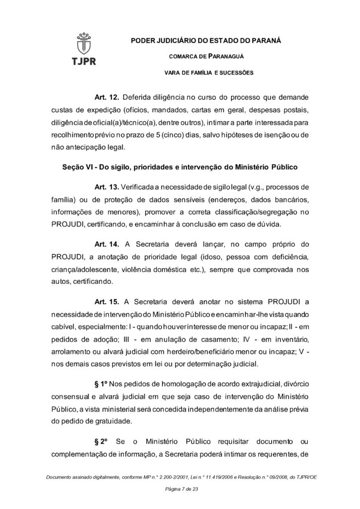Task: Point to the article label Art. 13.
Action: [x=105, y=187]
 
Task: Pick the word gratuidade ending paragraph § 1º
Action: [x=107, y=422]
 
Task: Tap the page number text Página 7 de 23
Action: [x=180, y=490]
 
